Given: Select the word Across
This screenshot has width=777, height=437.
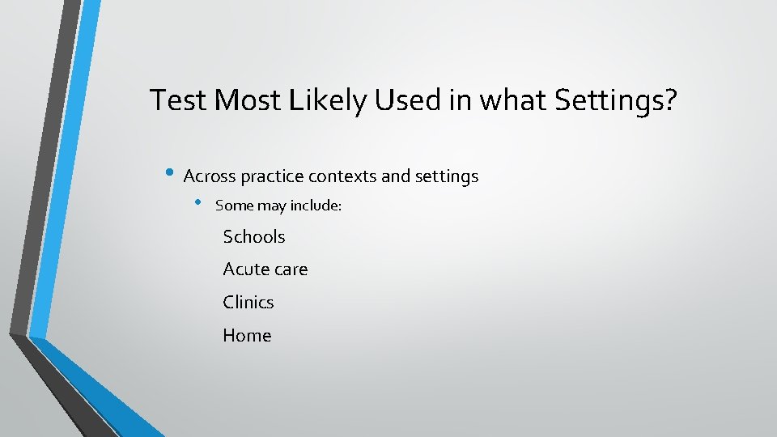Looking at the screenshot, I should tap(209, 176).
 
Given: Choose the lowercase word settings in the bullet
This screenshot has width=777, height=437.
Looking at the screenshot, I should tap(446, 176).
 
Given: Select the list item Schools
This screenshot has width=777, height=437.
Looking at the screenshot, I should tap(254, 236).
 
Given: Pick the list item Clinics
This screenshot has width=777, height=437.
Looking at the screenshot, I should tap(248, 302).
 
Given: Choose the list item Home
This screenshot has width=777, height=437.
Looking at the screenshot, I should tap(247, 335).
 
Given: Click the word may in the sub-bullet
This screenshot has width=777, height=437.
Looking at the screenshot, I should tap(272, 206).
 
